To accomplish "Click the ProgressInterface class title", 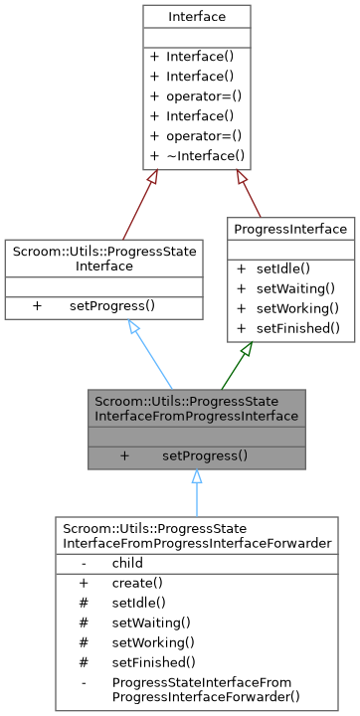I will (x=290, y=230).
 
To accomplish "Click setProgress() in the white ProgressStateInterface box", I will (x=111, y=305).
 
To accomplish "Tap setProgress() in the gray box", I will (x=204, y=455).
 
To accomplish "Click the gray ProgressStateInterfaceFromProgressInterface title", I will (x=196, y=407).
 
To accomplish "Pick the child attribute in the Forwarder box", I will (x=127, y=563).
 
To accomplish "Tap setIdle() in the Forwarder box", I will (x=138, y=603).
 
